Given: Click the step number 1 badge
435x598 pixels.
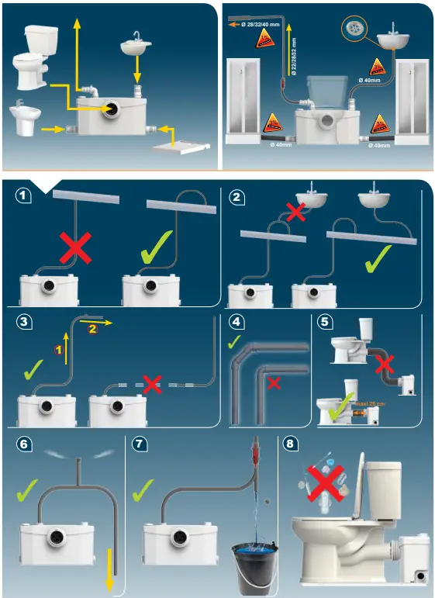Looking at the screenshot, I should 25,197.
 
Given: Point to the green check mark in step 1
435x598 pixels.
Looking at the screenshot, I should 165,247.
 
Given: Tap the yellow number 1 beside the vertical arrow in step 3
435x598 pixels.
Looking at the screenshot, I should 57,350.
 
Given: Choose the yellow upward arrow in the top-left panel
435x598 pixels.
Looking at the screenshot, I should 77,47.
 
